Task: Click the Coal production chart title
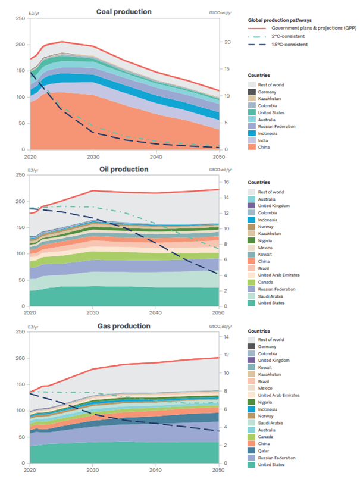[124, 12]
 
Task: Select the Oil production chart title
[124, 169]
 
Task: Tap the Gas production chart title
[124, 326]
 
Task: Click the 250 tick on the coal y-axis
[21, 18]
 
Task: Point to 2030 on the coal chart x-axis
[93, 156]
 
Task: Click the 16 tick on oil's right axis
[227, 182]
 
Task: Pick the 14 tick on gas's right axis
[227, 337]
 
